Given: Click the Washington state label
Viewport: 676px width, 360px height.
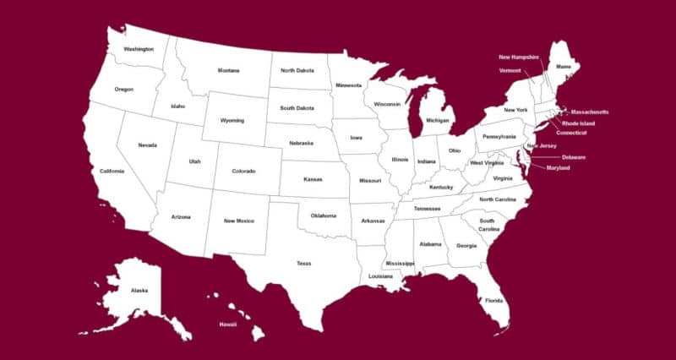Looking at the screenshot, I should tap(139, 49).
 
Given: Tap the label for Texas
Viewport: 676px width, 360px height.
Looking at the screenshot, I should tap(303, 263).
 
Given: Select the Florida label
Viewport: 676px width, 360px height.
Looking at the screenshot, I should tap(493, 300).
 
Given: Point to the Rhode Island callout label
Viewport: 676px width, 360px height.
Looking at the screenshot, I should tap(578, 123).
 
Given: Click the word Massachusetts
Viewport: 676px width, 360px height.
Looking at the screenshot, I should tap(589, 112).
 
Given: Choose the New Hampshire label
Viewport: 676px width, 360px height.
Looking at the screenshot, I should tap(519, 57).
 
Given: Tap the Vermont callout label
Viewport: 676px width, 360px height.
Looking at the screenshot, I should tap(510, 70).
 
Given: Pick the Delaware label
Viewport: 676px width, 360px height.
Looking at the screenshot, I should tap(573, 157).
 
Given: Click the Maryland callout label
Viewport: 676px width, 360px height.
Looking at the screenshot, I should tap(558, 168).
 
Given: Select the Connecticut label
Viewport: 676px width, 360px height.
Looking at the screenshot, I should tap(571, 133).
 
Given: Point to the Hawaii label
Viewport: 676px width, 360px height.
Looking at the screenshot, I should tap(228, 324).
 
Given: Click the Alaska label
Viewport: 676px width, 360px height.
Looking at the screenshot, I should tap(139, 290).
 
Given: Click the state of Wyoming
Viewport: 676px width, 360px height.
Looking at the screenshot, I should tap(232, 120).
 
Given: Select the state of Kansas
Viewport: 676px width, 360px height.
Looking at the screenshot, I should tap(313, 180).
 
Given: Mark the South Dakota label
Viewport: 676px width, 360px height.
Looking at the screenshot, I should tap(297, 107).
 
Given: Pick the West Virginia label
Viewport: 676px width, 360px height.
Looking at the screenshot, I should tap(488, 162).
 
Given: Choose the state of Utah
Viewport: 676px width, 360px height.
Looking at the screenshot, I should tap(194, 161).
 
